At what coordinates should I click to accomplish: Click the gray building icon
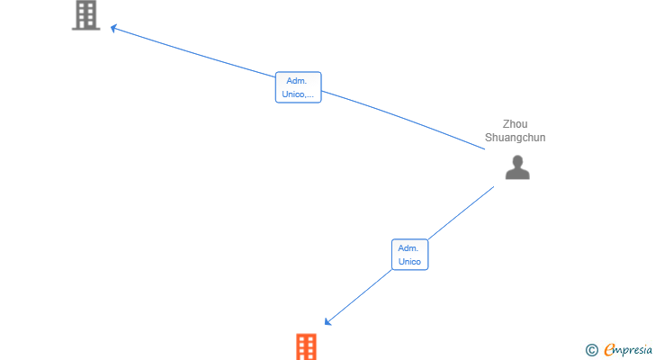(86, 15)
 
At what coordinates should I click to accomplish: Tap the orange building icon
(306, 346)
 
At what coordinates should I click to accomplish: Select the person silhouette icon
(517, 167)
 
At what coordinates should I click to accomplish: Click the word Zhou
(515, 124)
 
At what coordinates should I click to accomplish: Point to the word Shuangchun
(515, 138)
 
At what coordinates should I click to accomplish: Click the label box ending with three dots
(299, 87)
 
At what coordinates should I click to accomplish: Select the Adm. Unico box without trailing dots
(409, 255)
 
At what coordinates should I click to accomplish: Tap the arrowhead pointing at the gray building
(113, 29)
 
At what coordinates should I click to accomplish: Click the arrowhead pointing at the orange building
(327, 321)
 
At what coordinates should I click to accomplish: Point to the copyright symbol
(591, 350)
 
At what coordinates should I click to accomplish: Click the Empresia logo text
(628, 350)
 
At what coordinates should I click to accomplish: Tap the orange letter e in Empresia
(609, 349)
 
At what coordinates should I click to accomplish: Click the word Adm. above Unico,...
(297, 81)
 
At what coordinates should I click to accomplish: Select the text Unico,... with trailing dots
(298, 94)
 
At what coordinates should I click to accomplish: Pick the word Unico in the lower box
(409, 261)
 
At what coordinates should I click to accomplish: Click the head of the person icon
(517, 161)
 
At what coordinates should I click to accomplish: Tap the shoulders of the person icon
(517, 174)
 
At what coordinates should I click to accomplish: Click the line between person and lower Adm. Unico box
(462, 213)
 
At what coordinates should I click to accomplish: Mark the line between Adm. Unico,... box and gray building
(194, 52)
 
